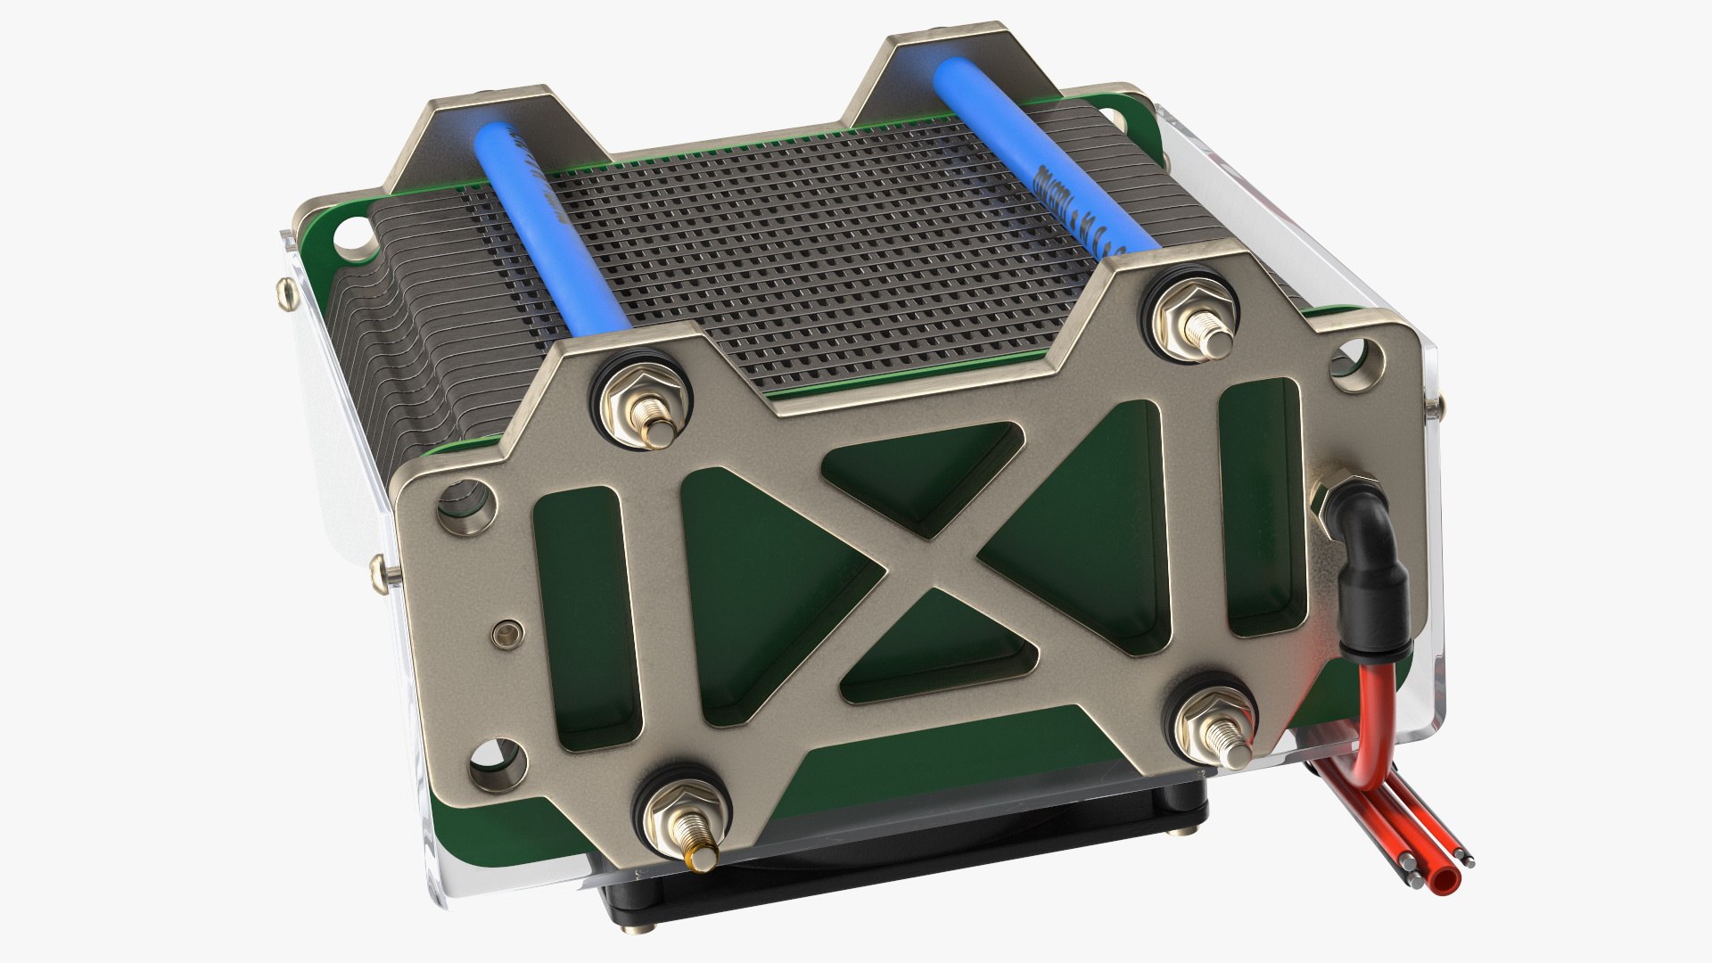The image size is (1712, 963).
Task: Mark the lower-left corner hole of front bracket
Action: [x=496, y=765]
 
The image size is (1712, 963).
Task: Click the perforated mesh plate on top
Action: [x=802, y=250]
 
